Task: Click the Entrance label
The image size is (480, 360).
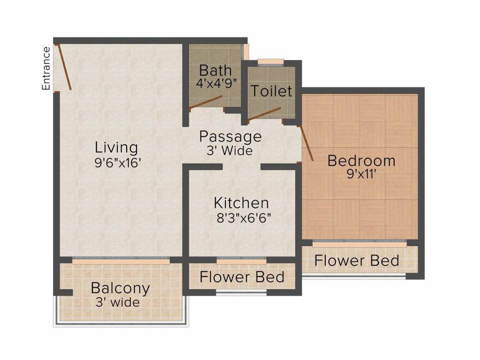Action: [46, 68]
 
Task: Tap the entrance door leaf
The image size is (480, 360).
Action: [64, 67]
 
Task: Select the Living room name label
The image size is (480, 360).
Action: [116, 147]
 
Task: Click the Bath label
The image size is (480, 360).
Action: [215, 71]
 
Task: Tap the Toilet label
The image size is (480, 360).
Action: [271, 91]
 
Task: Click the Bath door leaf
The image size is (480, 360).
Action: [206, 102]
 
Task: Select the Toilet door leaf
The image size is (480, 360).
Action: [265, 114]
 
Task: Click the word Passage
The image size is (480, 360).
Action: [230, 137]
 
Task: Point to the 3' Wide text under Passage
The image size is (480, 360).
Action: [229, 151]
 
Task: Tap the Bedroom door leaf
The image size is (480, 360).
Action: [306, 143]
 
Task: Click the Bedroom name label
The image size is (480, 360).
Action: [361, 161]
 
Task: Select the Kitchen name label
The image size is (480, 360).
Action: [241, 203]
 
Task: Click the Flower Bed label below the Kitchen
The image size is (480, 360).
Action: [242, 277]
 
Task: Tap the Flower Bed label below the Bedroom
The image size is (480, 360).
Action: [357, 260]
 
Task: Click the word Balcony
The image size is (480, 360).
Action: [120, 288]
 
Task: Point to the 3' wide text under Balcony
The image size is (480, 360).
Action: [118, 302]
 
